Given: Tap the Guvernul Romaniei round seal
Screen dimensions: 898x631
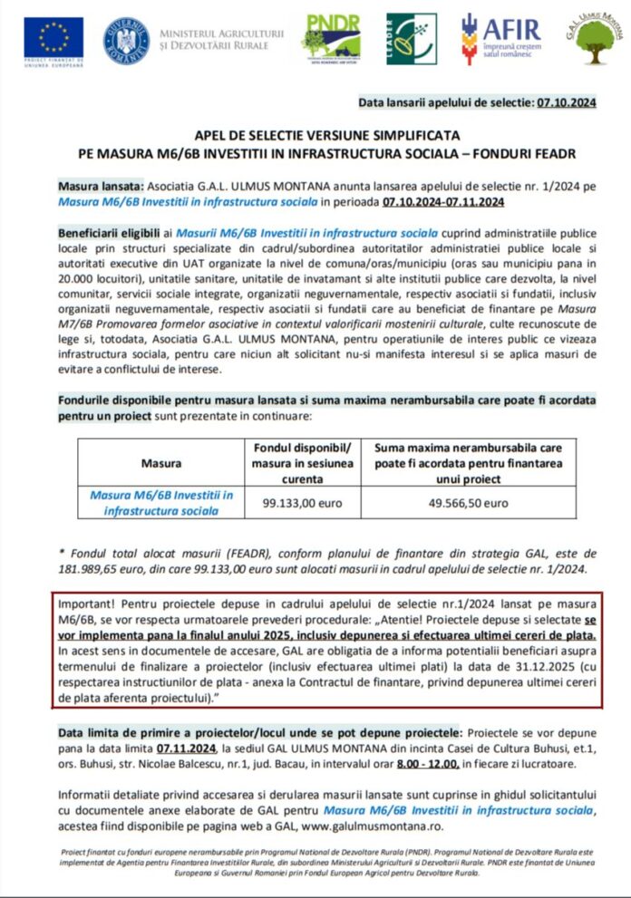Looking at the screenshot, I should (126, 39).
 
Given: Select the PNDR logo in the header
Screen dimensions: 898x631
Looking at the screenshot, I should (331, 38).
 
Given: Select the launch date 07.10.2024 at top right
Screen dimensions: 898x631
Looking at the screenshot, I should (564, 103).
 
